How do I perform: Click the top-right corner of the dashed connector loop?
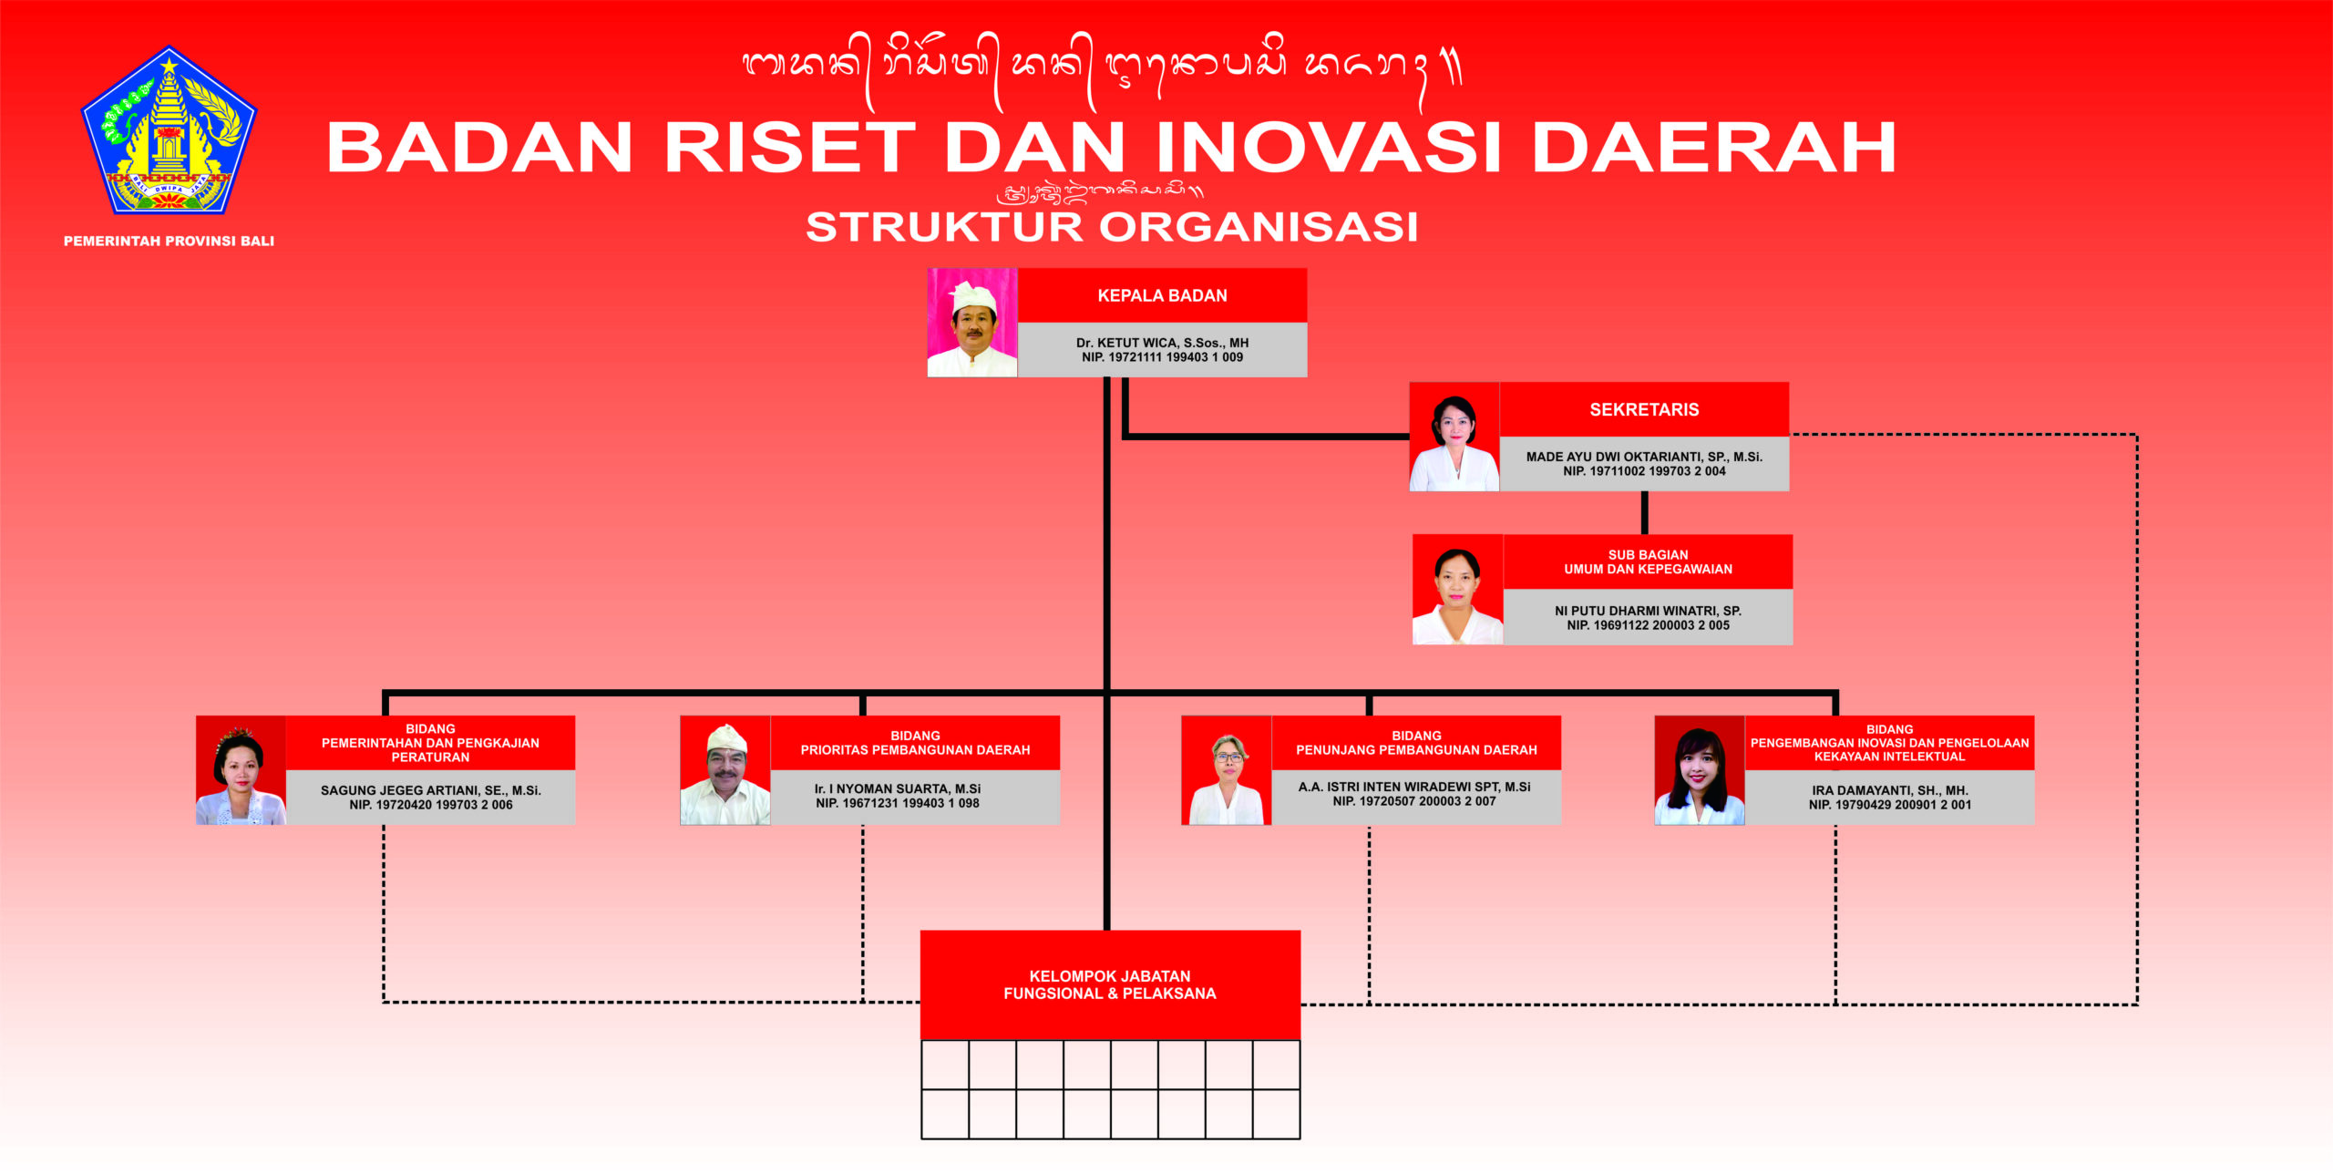pyautogui.click(x=2136, y=435)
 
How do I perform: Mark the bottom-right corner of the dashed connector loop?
pyautogui.click(x=2136, y=1004)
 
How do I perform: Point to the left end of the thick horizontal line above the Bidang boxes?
pyautogui.click(x=383, y=693)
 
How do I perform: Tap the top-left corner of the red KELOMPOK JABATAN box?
pyautogui.click(x=921, y=931)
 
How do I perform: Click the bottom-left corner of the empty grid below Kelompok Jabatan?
pyautogui.click(x=921, y=1138)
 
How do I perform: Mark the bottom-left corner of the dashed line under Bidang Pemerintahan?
pyautogui.click(x=384, y=1002)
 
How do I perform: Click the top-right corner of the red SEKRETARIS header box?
pyautogui.click(x=1789, y=383)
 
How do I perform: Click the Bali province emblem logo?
pyautogui.click(x=170, y=130)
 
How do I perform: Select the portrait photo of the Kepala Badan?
pyautogui.click(x=972, y=323)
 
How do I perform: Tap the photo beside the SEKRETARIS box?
pyautogui.click(x=1454, y=437)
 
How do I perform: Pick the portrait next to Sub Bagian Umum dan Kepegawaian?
pyautogui.click(x=1458, y=590)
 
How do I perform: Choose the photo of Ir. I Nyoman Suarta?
pyautogui.click(x=725, y=770)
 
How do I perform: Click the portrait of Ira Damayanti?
pyautogui.click(x=1700, y=770)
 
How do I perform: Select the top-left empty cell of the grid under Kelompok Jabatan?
pyautogui.click(x=945, y=1065)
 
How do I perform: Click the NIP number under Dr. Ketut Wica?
pyautogui.click(x=1162, y=357)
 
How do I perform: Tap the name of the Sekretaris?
pyautogui.click(x=1644, y=457)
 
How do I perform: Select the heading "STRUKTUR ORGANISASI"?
pyautogui.click(x=1112, y=227)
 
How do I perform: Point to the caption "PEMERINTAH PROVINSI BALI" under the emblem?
pyautogui.click(x=169, y=242)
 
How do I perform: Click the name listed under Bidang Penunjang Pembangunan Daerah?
pyautogui.click(x=1414, y=787)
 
